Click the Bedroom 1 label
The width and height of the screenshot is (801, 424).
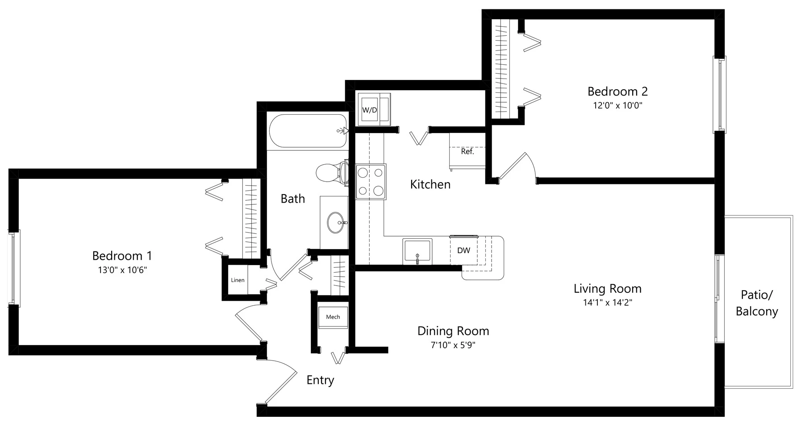(122, 256)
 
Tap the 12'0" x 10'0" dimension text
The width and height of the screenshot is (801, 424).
(617, 106)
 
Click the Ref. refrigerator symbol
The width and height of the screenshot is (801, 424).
(467, 152)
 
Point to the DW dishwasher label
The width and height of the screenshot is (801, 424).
(463, 250)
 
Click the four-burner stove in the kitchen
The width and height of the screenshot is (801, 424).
(371, 181)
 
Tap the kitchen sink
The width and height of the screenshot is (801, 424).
(417, 251)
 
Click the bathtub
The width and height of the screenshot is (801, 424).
(308, 131)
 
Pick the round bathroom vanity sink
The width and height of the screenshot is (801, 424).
(336, 222)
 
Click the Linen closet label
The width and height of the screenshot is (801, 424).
(238, 280)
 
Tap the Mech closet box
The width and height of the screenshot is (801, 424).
(333, 317)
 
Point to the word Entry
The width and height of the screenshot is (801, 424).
(320, 380)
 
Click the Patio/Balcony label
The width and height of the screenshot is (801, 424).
(756, 303)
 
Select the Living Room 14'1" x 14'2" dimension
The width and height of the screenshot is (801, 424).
(607, 303)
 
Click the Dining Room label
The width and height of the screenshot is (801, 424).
(453, 331)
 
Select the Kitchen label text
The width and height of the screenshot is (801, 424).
(430, 184)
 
